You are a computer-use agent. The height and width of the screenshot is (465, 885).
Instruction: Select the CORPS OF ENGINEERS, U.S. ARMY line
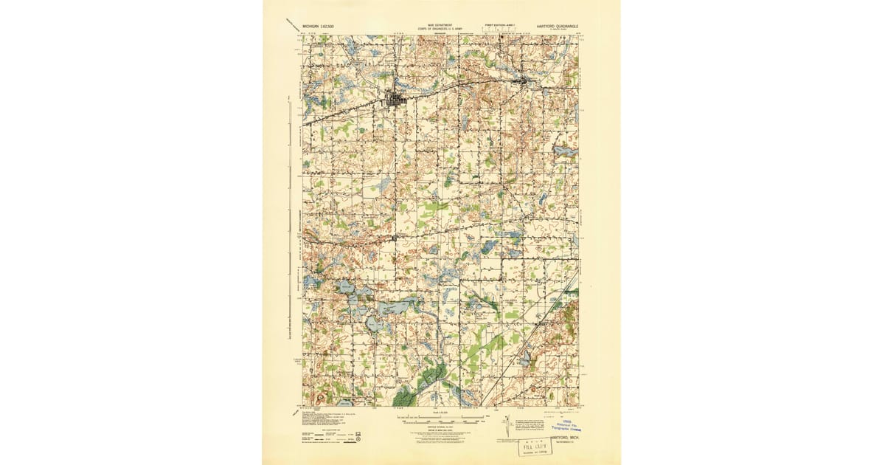(x=440, y=27)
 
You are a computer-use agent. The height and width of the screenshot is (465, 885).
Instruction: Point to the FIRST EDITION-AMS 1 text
(x=499, y=24)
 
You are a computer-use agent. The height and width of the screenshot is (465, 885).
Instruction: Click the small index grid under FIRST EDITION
(x=499, y=30)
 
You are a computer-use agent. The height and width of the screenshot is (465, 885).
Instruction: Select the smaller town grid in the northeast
(x=525, y=80)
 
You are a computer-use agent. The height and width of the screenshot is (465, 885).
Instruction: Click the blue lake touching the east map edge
(x=567, y=151)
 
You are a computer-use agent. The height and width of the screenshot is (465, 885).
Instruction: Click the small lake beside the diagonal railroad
(x=525, y=361)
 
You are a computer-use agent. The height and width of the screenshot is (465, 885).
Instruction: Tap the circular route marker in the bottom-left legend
(x=358, y=436)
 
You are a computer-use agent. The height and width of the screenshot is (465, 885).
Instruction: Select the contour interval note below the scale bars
(x=440, y=429)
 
